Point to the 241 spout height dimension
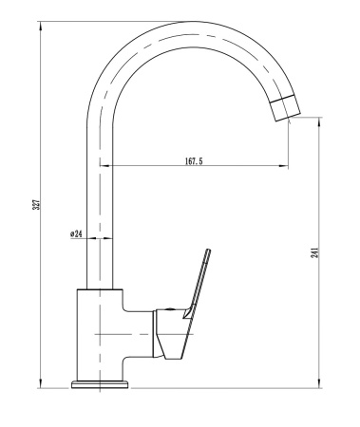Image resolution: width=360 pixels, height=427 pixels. pos(313,251)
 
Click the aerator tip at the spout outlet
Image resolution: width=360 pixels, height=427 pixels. pos(286,109)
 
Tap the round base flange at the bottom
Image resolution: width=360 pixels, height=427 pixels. pos(100,382)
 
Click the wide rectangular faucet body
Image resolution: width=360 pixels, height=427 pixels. pos(100,332)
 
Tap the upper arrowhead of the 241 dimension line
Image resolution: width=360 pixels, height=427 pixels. pos(319,121)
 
